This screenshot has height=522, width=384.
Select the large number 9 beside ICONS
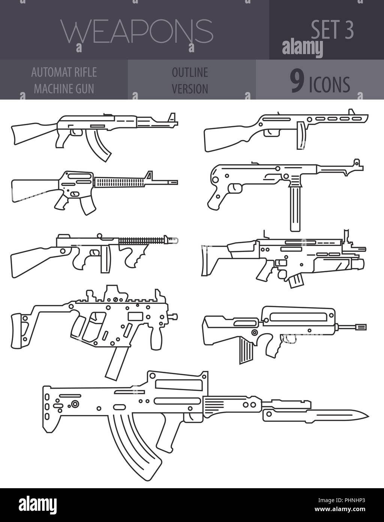[297, 83]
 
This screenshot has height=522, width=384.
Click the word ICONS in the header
[330, 84]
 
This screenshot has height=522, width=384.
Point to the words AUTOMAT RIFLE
[64, 72]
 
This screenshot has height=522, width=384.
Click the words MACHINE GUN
[64, 89]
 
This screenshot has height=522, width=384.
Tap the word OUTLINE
[190, 72]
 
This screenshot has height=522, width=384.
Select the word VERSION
[190, 89]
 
